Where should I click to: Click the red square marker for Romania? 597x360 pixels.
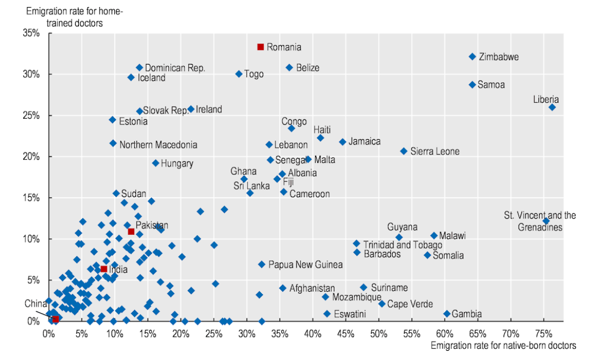[x=260, y=47]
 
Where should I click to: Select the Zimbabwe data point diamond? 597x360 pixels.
[x=472, y=56]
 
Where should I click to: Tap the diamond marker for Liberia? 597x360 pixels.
[x=552, y=107]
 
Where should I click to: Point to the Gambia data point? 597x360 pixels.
[x=447, y=314]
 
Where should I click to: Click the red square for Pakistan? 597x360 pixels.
[x=131, y=232]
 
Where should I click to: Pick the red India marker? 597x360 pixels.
[x=104, y=269]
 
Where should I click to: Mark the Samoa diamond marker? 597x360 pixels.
[x=472, y=85]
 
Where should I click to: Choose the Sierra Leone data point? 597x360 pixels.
[x=404, y=152]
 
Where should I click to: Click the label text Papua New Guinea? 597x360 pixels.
[x=305, y=264]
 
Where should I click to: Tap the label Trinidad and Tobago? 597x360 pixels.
[x=403, y=245]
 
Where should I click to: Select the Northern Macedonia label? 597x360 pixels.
[x=158, y=145]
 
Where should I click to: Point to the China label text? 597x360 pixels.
[x=35, y=304]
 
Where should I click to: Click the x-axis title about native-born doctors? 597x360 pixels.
[x=503, y=346]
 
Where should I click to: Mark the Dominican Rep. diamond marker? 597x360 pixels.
[x=140, y=68]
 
